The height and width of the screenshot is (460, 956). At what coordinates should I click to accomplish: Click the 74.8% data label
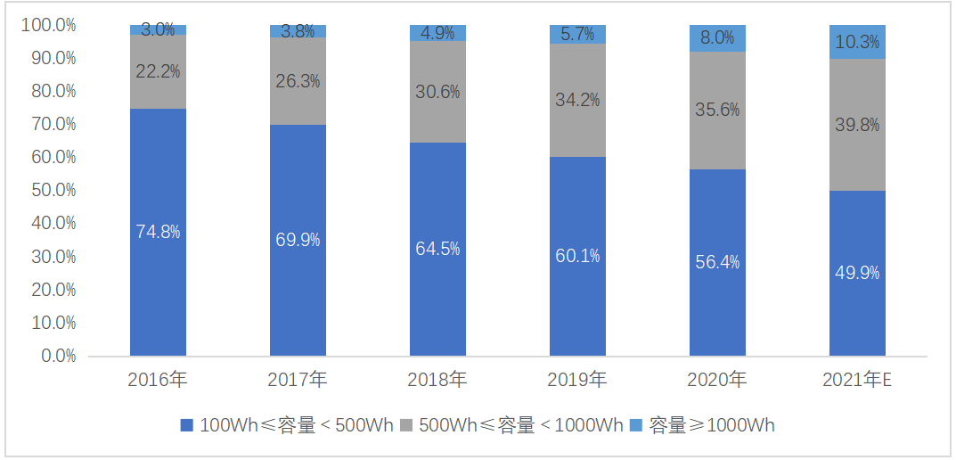tap(158, 232)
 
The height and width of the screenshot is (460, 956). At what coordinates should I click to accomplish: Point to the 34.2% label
tap(577, 101)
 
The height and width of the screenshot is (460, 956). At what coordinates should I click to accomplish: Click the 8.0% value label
tap(717, 37)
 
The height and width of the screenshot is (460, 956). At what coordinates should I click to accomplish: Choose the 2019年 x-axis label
tap(577, 380)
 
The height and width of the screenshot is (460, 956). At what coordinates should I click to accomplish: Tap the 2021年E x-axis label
tap(858, 380)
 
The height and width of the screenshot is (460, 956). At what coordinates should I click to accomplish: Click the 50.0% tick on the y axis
tap(54, 191)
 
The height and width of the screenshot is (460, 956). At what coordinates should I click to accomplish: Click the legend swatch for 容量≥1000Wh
tap(636, 426)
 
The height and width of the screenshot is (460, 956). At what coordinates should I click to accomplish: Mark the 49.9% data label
tap(857, 273)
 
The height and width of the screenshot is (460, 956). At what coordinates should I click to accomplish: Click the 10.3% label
tap(857, 42)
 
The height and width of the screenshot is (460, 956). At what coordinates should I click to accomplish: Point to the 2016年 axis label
tap(158, 380)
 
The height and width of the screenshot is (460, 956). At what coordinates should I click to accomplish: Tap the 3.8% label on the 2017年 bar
tap(298, 31)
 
